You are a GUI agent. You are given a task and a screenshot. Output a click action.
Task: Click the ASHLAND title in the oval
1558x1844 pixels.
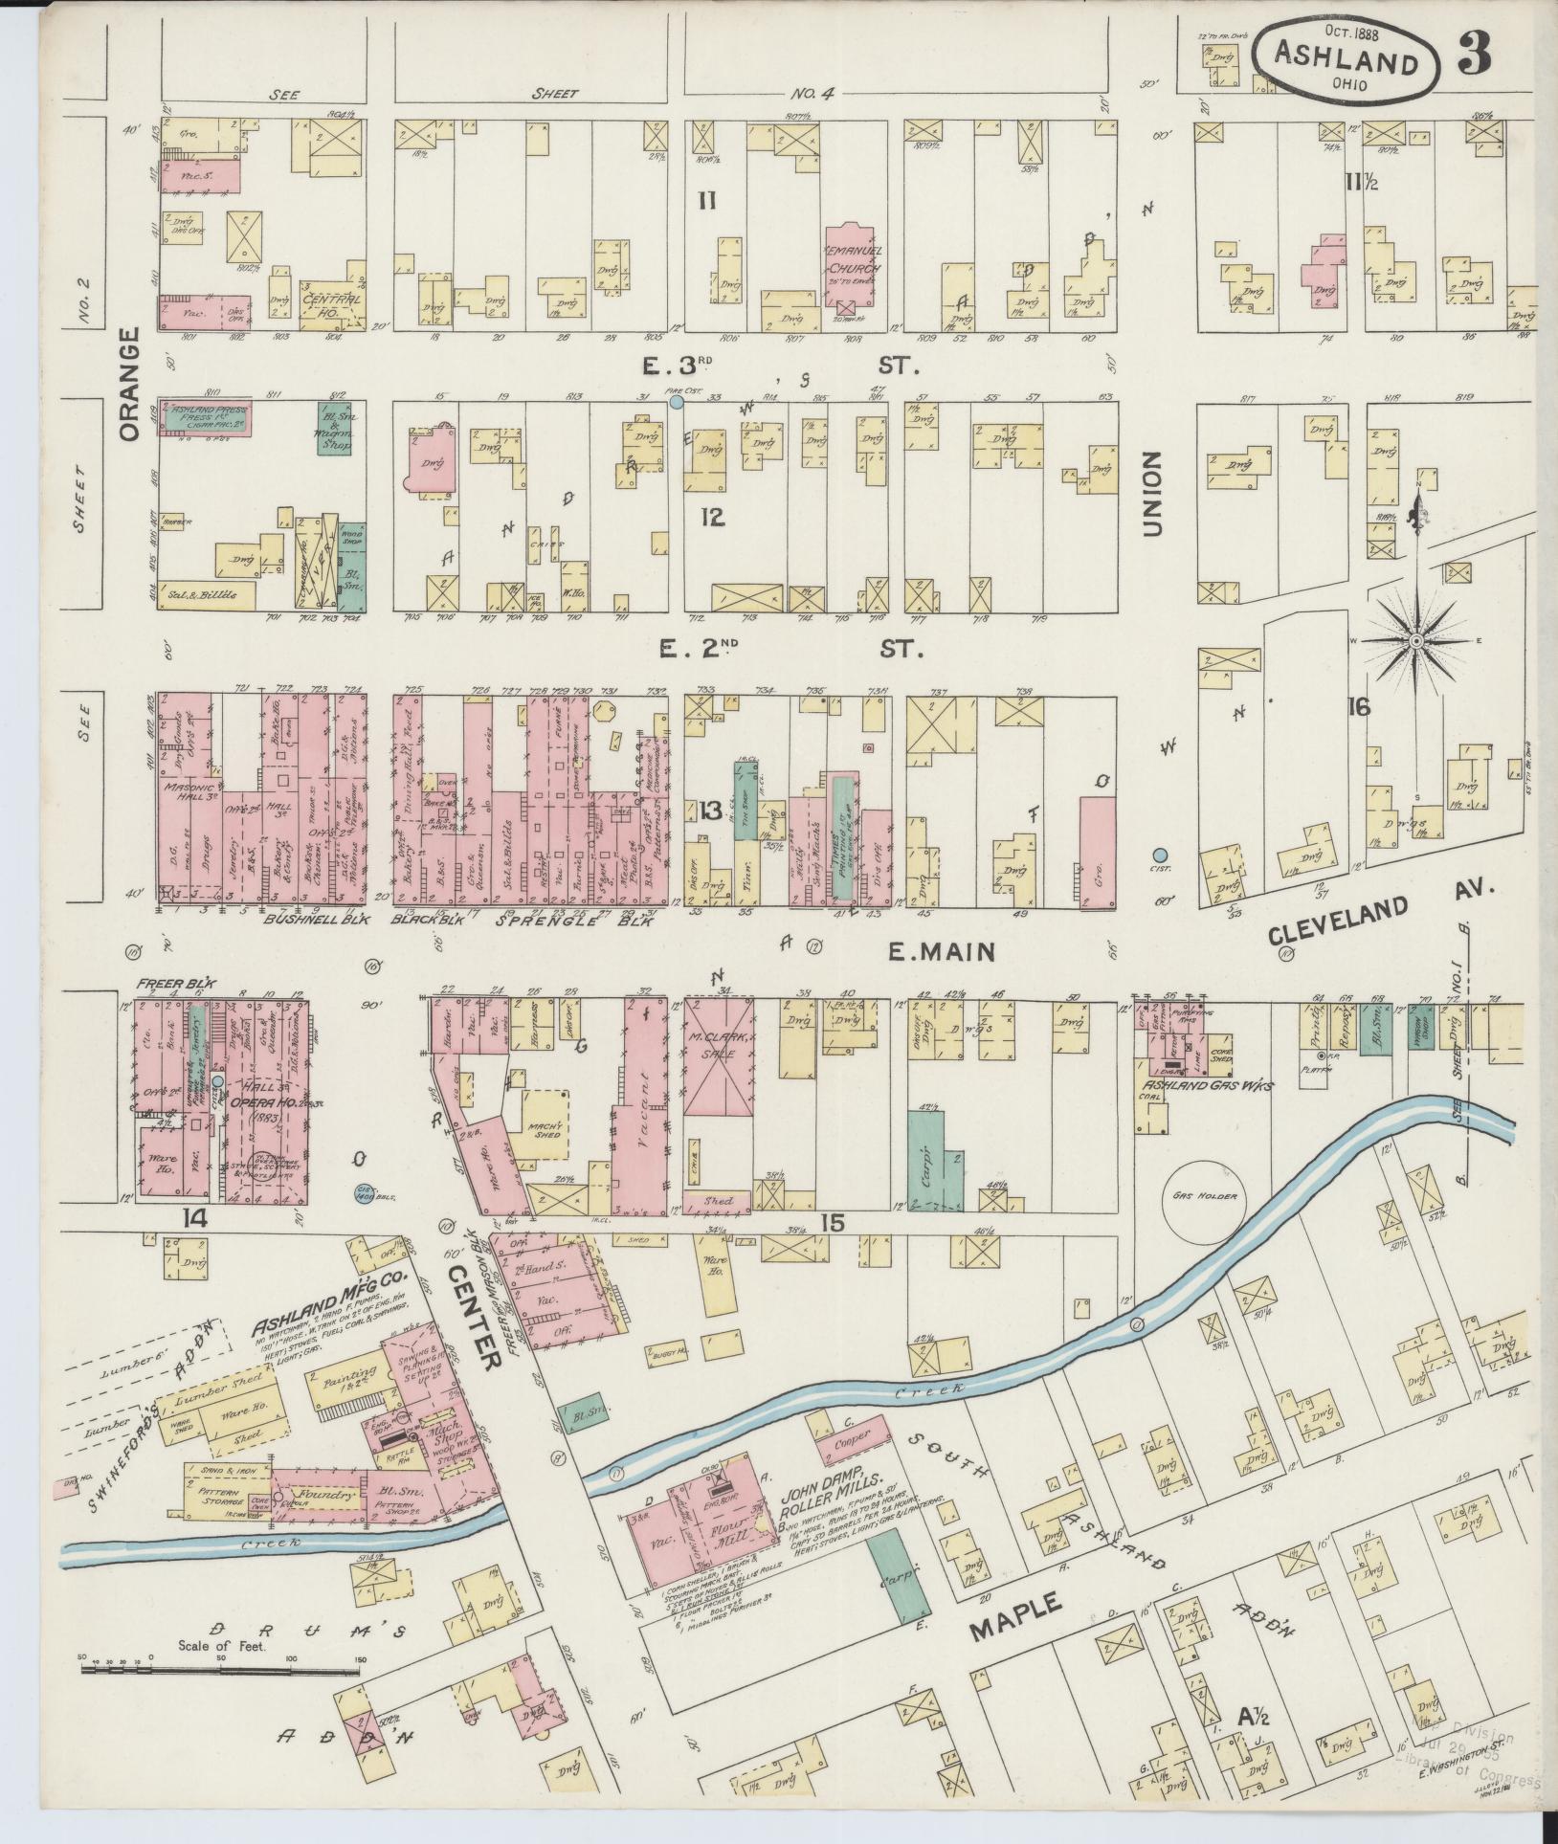pyautogui.click(x=1345, y=62)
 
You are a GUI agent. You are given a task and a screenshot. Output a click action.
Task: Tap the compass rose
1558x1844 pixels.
pyautogui.click(x=1414, y=638)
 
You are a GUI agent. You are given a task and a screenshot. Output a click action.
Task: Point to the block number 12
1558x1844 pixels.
pyautogui.click(x=710, y=518)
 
